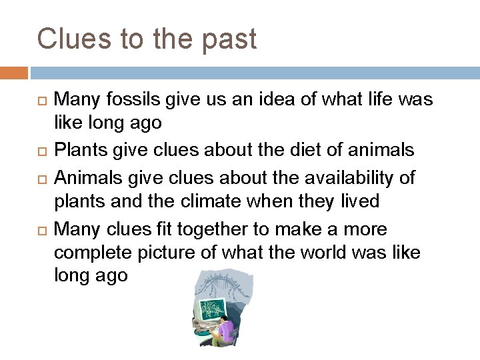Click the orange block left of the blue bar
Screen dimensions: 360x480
(14, 72)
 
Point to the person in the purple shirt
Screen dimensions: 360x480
(227, 331)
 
